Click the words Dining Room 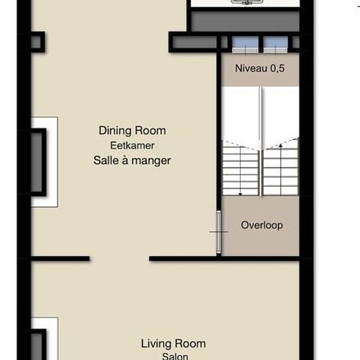tap(132, 131)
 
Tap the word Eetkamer tap(132, 145)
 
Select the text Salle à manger tap(132, 160)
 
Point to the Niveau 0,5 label tap(260, 69)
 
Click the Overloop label tap(262, 225)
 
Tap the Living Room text tap(173, 344)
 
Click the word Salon tap(175, 356)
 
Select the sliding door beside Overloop tap(219, 232)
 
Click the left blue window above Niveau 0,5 tap(245, 45)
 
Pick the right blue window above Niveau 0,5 tap(276, 45)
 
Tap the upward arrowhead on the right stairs tap(281, 145)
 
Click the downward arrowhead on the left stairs tap(240, 194)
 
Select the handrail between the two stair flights tap(261, 141)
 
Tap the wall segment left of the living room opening tap(60, 259)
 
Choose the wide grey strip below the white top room tap(245, 22)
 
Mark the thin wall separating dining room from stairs tap(219, 132)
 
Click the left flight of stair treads tap(241, 171)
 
